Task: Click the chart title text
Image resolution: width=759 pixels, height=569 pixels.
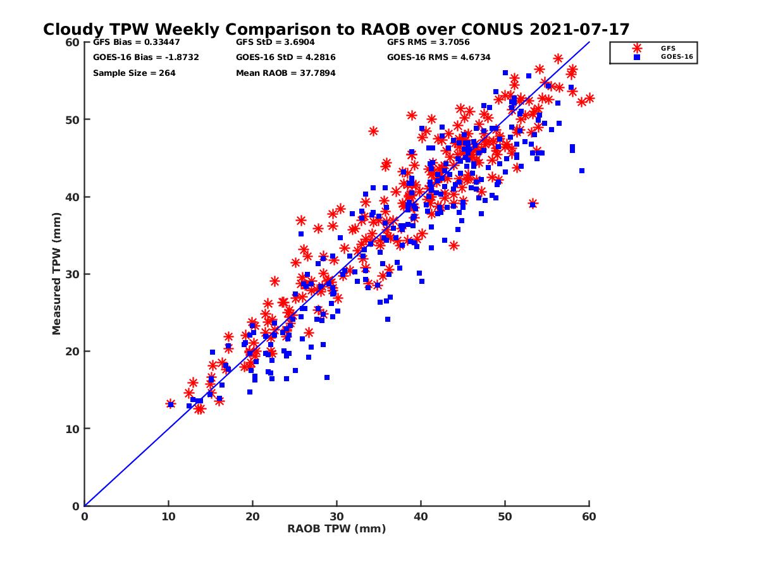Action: tap(336, 29)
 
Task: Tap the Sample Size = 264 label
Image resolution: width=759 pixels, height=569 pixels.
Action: tap(134, 73)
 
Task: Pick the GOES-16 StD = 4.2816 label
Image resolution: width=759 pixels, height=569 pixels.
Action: tap(286, 58)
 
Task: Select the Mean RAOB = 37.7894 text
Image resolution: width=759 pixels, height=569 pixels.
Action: tap(286, 73)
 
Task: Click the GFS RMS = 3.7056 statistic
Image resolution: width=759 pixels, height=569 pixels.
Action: tap(428, 42)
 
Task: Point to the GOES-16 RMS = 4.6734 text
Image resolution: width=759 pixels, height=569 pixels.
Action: tap(440, 58)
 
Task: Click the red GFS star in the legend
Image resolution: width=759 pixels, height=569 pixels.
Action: tap(636, 48)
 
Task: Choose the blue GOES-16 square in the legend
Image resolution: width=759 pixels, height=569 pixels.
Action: tap(636, 57)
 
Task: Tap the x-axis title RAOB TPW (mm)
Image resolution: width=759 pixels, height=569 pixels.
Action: tap(336, 529)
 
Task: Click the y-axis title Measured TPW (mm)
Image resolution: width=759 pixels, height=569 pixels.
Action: tap(57, 274)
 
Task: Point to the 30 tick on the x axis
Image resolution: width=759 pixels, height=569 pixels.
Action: tap(336, 517)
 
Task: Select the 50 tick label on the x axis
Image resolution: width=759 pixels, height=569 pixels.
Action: tap(505, 517)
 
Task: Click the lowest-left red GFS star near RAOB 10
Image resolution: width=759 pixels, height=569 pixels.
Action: tap(170, 403)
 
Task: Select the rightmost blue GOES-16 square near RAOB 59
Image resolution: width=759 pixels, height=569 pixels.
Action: tap(582, 171)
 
